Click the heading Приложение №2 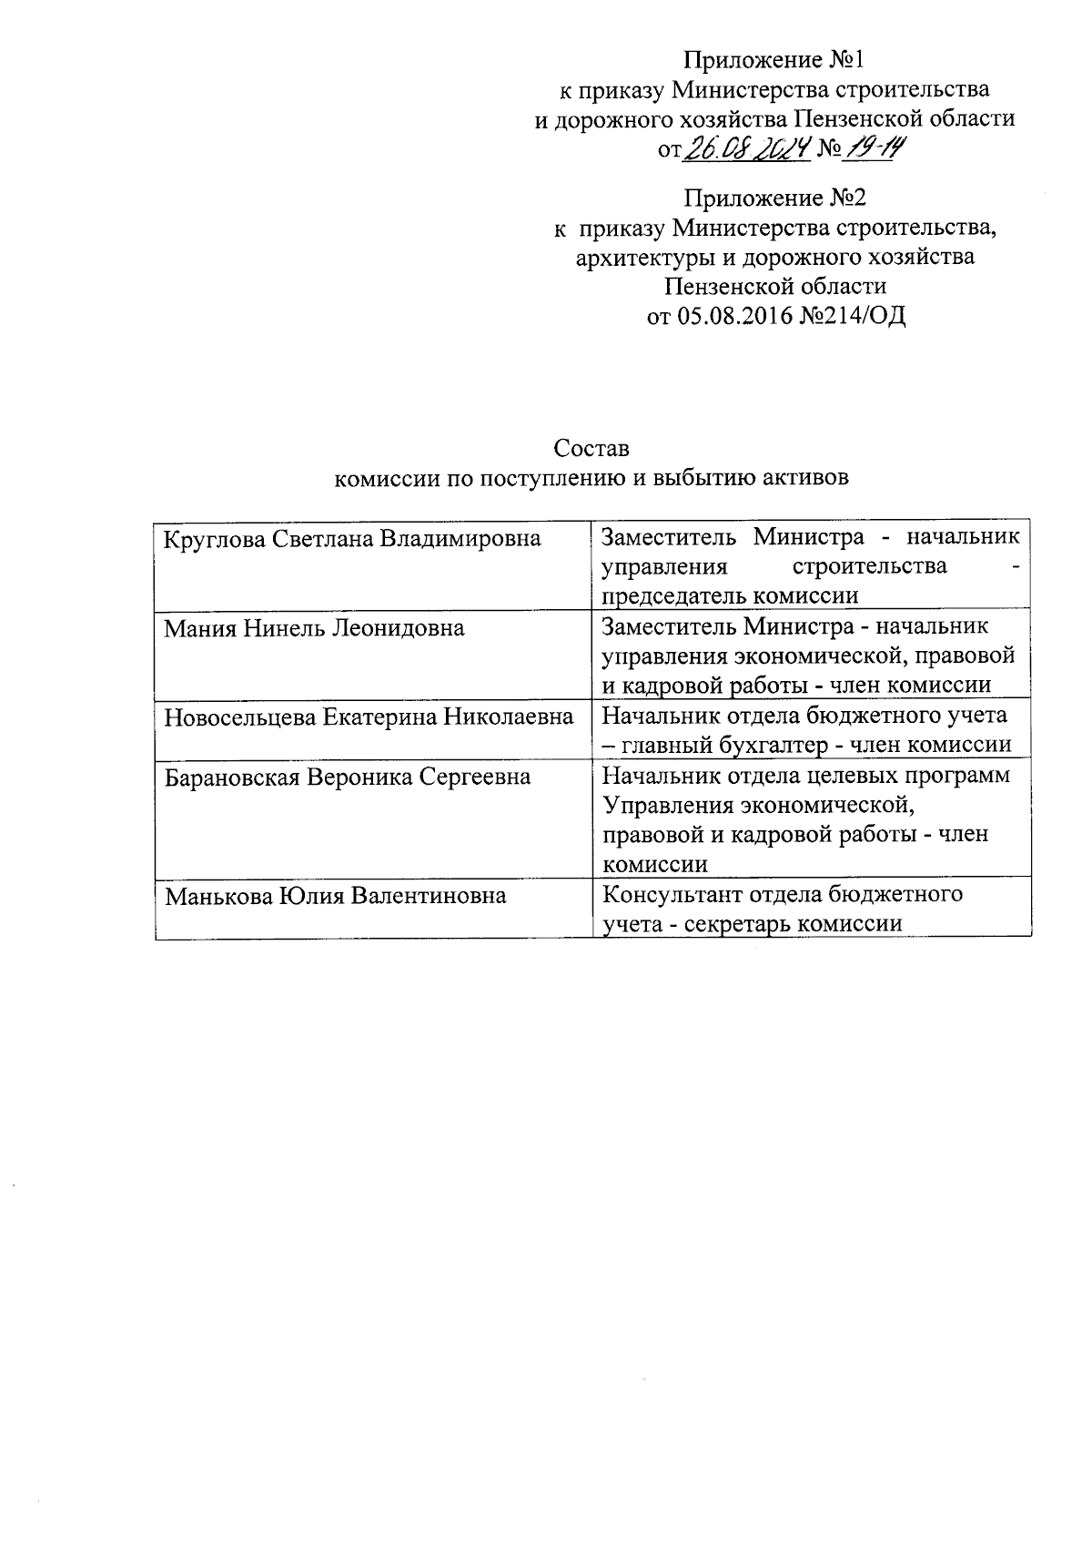click(775, 197)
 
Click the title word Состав click(591, 449)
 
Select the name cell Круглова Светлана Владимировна click(352, 538)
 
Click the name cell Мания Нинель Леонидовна click(314, 627)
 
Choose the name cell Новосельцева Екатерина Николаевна click(369, 717)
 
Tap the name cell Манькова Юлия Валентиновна click(335, 896)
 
